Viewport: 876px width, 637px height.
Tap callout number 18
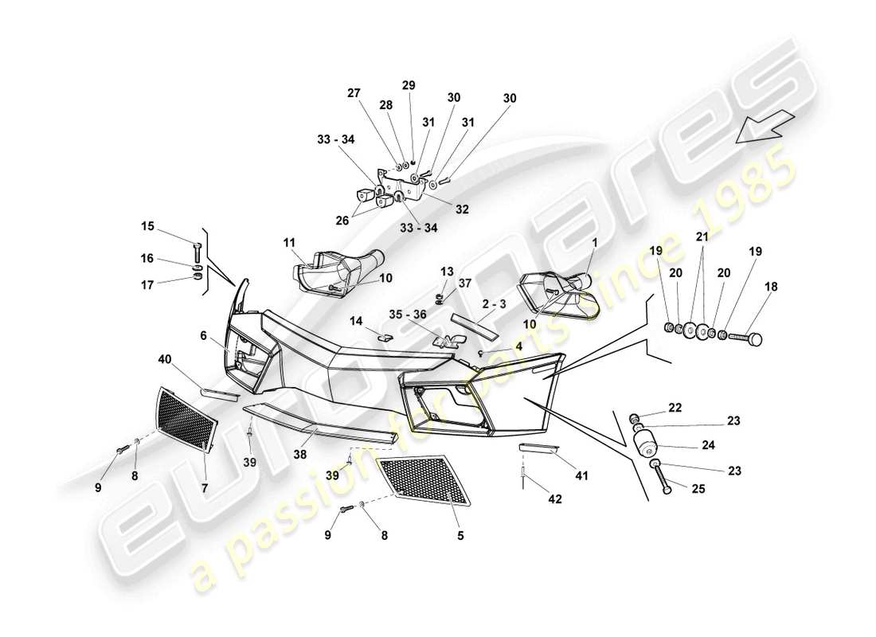pyautogui.click(x=772, y=287)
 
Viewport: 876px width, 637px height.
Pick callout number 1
pyautogui.click(x=593, y=242)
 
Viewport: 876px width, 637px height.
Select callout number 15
pyautogui.click(x=148, y=226)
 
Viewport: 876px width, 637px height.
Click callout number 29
pyautogui.click(x=409, y=85)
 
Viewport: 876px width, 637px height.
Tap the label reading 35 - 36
pyautogui.click(x=408, y=315)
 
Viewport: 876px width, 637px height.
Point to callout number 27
pyautogui.click(x=354, y=92)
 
